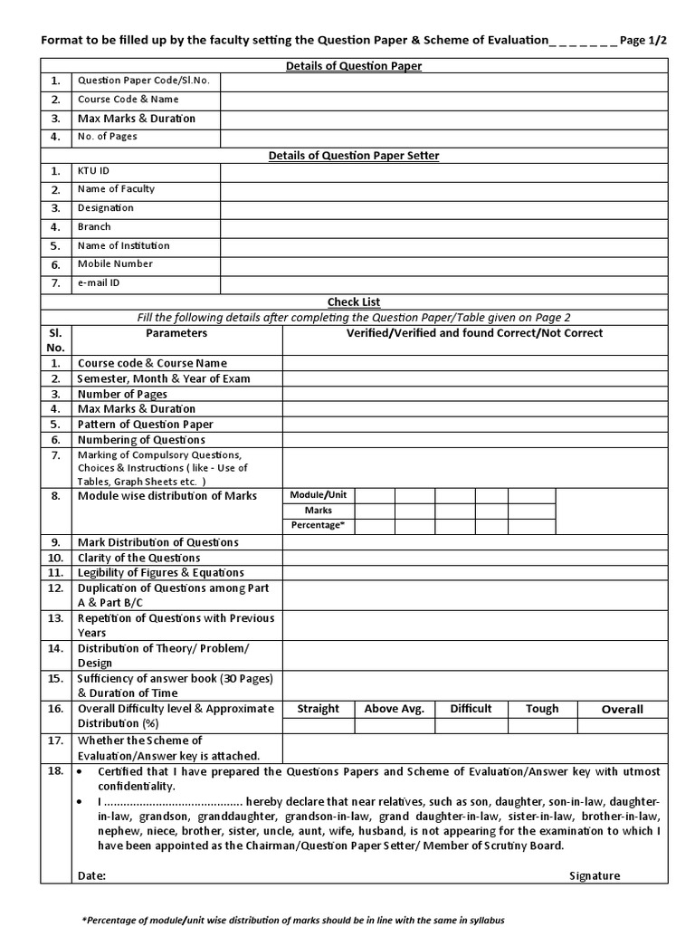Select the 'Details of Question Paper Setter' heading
click(x=354, y=156)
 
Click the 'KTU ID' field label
click(x=94, y=171)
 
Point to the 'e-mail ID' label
click(x=99, y=283)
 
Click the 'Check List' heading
click(x=354, y=301)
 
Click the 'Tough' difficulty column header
click(x=542, y=709)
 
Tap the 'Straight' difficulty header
click(x=318, y=709)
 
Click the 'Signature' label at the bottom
click(x=595, y=875)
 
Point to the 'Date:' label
click(x=91, y=875)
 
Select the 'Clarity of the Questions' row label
click(x=139, y=558)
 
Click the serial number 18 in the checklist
click(x=55, y=770)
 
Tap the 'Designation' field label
click(x=105, y=208)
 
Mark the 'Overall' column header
click(x=623, y=710)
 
